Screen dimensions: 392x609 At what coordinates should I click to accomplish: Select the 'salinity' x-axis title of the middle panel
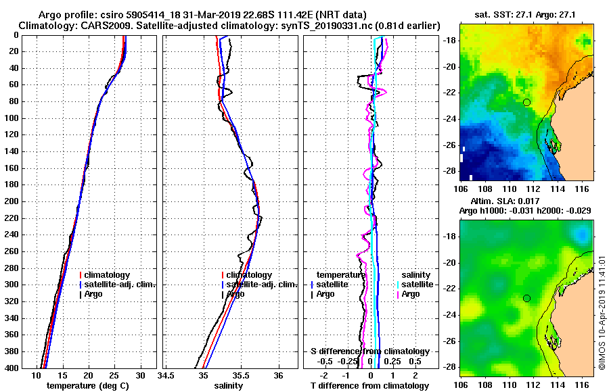click(x=228, y=386)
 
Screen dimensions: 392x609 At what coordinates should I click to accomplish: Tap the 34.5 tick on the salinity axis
click(x=166, y=375)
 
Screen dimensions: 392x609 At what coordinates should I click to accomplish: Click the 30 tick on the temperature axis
click(x=140, y=375)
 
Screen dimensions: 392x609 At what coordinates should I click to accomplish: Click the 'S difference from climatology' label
click(x=370, y=351)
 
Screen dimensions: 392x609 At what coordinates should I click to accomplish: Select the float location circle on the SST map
click(x=527, y=102)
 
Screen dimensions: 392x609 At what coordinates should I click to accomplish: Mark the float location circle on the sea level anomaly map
click(x=527, y=298)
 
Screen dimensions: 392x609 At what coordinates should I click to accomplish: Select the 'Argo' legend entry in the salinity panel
click(x=235, y=294)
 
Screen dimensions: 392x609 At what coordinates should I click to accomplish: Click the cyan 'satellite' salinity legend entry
click(x=420, y=285)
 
